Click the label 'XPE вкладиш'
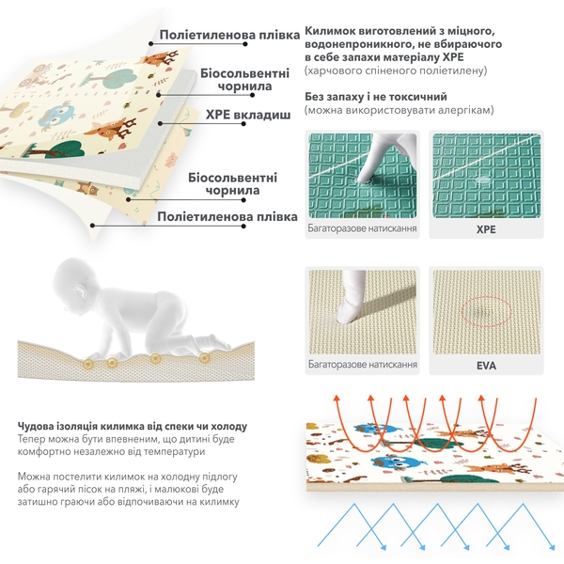[248, 115]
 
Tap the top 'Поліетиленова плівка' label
[229, 35]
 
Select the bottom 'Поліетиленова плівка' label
[227, 217]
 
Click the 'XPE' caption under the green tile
[486, 229]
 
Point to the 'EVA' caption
[486, 366]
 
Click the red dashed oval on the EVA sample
[486, 310]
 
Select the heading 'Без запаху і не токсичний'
[376, 97]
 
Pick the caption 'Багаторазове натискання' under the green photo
[362, 228]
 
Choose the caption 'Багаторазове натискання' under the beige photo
[363, 364]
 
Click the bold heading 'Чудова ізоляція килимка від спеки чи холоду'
[133, 426]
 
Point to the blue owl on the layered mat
[57, 117]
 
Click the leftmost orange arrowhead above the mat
[337, 398]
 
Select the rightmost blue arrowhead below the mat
[552, 547]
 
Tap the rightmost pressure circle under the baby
[205, 357]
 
